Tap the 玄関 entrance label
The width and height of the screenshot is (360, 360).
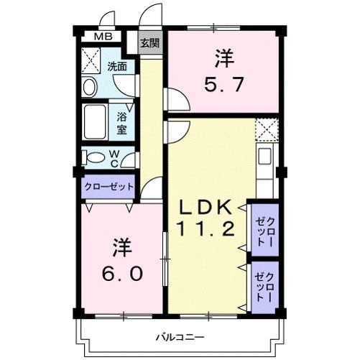coord(149,43)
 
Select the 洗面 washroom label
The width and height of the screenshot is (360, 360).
coord(117,67)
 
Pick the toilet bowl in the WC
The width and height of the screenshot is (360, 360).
coord(93,156)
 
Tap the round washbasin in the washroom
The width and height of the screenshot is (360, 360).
coord(91,87)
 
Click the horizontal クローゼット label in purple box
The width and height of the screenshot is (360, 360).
coord(109,185)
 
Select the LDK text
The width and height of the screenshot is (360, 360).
coord(206,208)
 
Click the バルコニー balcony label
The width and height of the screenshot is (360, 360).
coord(180,336)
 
